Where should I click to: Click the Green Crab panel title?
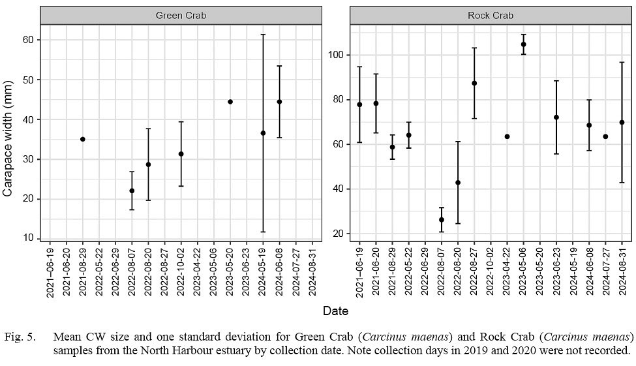point(181,15)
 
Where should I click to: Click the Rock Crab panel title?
point(491,15)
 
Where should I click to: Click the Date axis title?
point(335,311)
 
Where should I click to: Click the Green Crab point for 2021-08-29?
point(83,139)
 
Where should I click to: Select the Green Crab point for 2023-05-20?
point(230,102)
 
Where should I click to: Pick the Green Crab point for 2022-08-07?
point(132,191)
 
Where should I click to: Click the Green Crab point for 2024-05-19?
point(263,133)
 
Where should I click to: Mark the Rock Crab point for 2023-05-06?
point(523,44)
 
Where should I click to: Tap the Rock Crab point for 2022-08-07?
point(442,220)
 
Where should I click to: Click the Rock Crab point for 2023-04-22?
point(507,136)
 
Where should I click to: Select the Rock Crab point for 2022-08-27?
point(474,83)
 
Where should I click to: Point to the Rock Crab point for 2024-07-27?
point(605,136)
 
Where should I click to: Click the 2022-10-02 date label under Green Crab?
point(181,272)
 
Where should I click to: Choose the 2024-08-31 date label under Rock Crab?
point(622,272)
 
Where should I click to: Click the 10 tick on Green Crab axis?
point(30,238)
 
